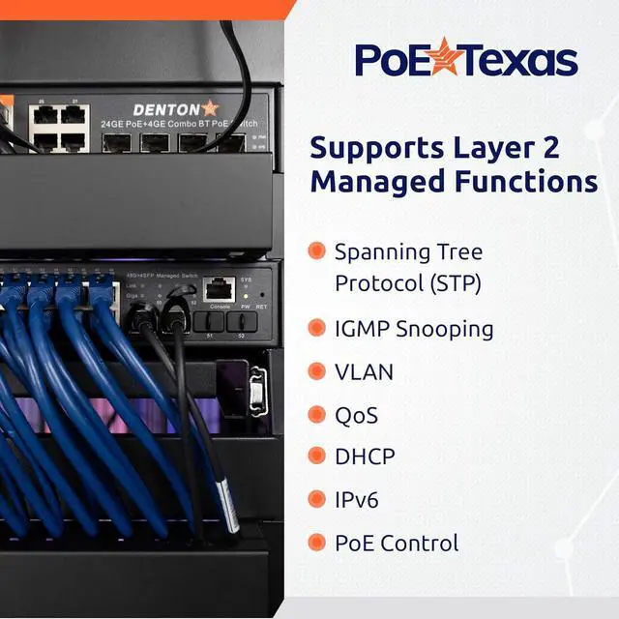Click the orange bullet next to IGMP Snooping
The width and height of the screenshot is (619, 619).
pos(316,329)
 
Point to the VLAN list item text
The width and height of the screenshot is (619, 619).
pos(364,371)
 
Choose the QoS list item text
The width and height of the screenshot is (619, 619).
pos(356,415)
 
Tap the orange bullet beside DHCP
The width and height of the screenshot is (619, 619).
pos(316,457)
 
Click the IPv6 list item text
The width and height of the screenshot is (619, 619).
pos(357,500)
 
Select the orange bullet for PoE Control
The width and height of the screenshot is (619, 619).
pos(316,543)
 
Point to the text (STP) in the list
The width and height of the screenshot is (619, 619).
pos(455,283)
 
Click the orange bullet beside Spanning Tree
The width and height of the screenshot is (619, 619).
pos(316,251)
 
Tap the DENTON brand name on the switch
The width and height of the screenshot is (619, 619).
pos(164,109)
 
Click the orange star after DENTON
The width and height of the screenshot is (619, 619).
pos(209,108)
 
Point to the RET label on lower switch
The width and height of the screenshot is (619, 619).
pos(261,306)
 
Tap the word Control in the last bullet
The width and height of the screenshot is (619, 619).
pos(420,544)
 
